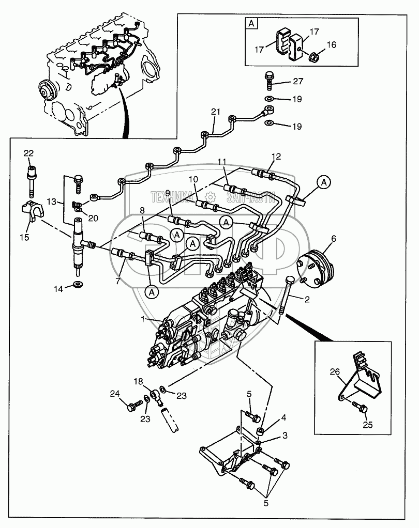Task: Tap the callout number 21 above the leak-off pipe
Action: coord(216,112)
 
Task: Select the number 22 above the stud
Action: coord(28,153)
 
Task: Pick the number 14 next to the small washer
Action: coord(59,288)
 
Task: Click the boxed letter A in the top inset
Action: coord(251,23)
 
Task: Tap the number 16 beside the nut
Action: coord(331,45)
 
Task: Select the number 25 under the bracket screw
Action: coord(368,425)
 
